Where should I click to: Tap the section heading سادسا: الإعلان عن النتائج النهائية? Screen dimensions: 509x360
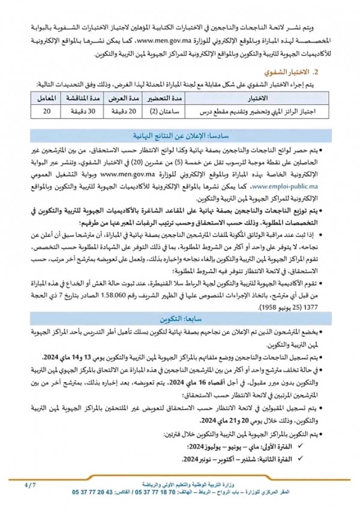click(179, 136)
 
